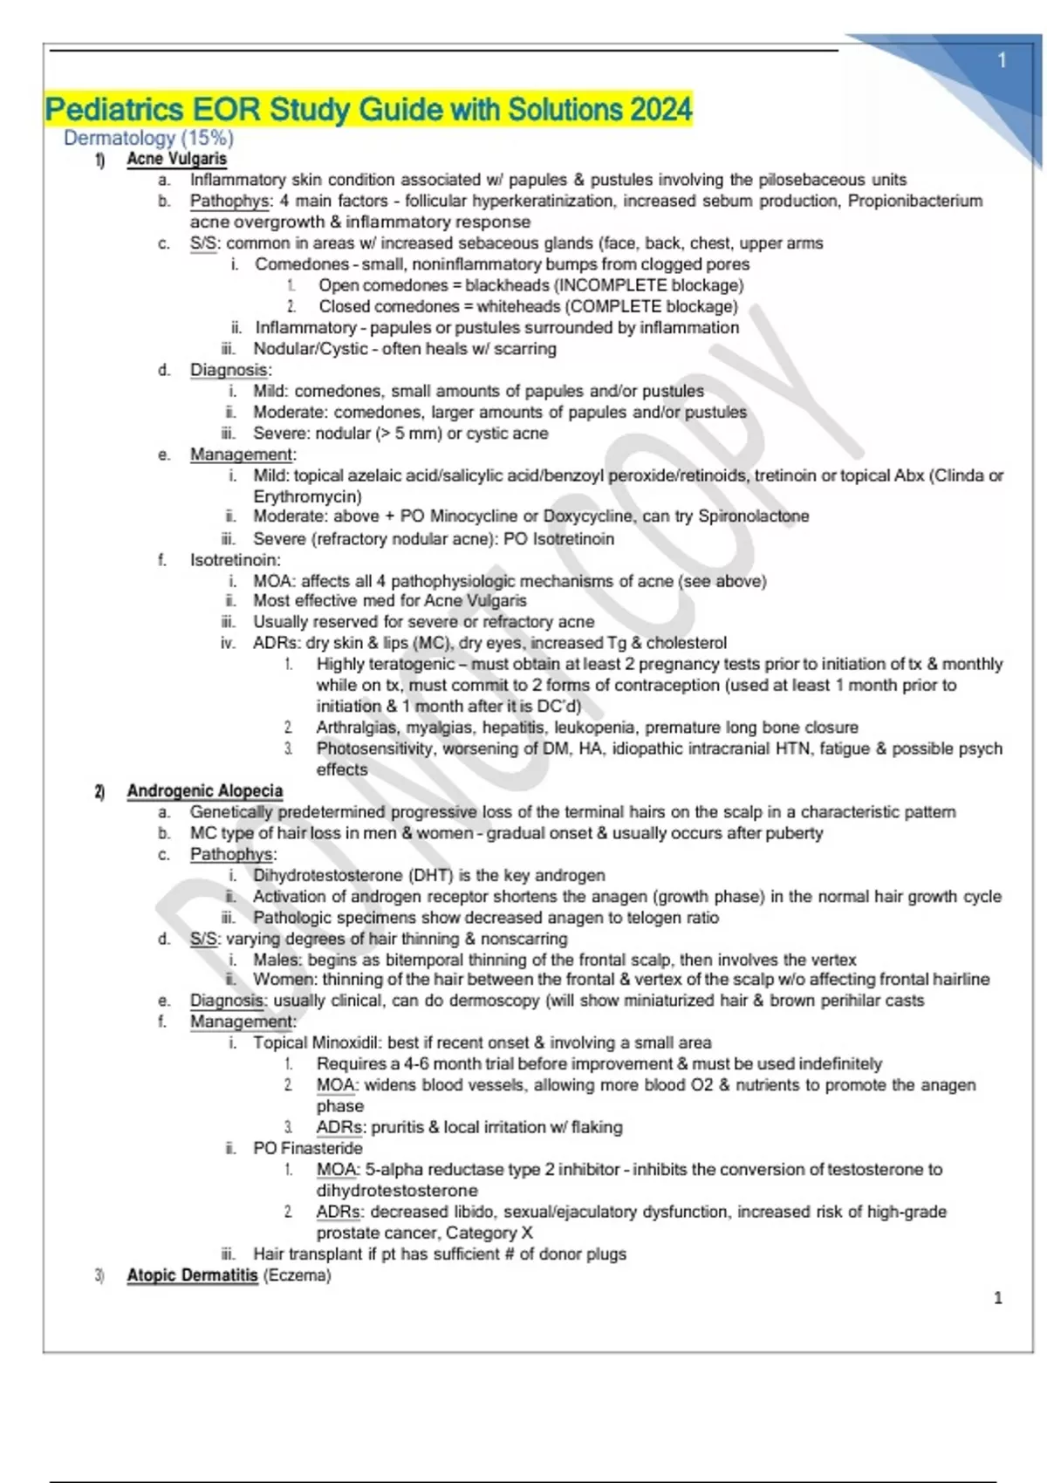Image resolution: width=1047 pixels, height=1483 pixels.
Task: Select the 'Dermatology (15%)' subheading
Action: click(148, 138)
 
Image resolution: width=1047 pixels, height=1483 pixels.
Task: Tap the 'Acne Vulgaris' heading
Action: click(176, 159)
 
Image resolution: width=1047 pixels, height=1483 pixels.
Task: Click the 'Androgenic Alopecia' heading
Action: click(205, 790)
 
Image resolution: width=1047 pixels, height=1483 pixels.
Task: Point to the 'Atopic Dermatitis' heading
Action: click(192, 1275)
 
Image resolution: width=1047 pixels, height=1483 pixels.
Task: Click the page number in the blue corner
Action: click(1002, 60)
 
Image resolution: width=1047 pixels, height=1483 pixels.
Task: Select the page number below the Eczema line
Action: click(998, 1298)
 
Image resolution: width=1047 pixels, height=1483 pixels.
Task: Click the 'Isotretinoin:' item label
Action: click(236, 560)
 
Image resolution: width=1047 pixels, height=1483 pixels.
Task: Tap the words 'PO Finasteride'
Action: click(307, 1148)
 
